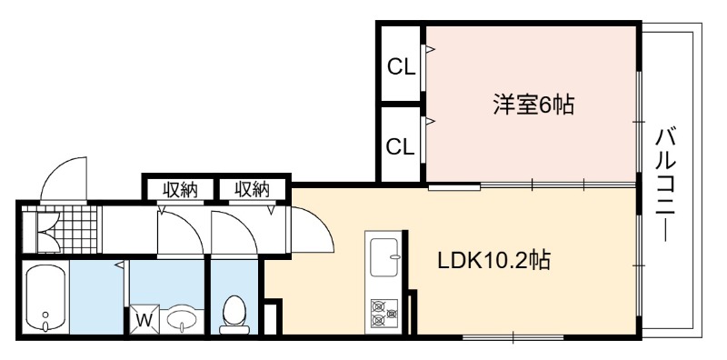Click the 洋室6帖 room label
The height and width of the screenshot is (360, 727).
[533, 105]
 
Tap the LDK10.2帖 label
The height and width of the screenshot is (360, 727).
[493, 260]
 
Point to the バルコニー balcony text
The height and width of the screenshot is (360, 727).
[666, 185]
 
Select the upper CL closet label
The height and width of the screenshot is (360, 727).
[401, 69]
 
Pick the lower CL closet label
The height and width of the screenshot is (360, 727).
[401, 147]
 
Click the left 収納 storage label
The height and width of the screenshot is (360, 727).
[179, 189]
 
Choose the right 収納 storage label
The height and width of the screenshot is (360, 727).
[252, 189]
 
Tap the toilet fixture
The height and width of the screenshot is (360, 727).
[234, 315]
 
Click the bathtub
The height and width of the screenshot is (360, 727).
[45, 297]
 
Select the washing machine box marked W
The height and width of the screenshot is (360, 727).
[144, 319]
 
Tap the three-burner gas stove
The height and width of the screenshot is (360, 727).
[384, 312]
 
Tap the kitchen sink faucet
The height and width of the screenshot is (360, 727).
[394, 256]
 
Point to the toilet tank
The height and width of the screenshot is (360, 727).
[234, 329]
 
